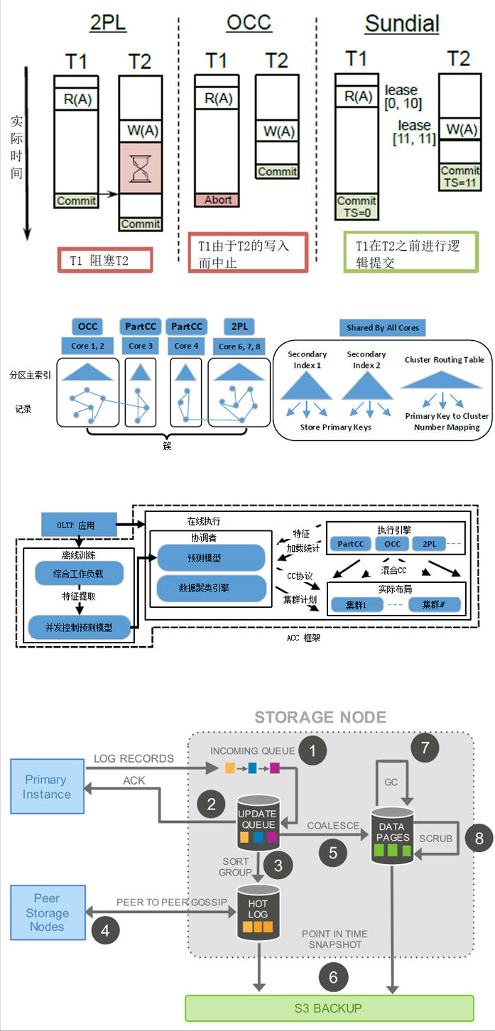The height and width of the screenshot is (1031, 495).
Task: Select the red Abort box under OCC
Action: pyautogui.click(x=217, y=200)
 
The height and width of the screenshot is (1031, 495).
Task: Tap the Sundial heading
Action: pyautogui.click(x=402, y=24)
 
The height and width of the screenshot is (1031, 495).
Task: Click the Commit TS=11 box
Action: pyautogui.click(x=460, y=176)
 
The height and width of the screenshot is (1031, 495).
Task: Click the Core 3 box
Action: pyautogui.click(x=141, y=346)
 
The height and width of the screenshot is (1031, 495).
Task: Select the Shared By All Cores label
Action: pyautogui.click(x=382, y=327)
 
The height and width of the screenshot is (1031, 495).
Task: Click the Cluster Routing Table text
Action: pyautogui.click(x=445, y=359)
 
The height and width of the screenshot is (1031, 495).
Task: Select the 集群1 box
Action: pyautogui.click(x=353, y=605)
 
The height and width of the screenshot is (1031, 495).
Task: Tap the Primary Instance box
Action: pyautogui.click(x=46, y=787)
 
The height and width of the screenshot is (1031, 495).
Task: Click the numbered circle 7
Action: pyautogui.click(x=425, y=747)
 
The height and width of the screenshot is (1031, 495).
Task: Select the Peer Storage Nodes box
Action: pyautogui.click(x=47, y=913)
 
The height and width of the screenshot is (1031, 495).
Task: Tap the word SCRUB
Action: pyautogui.click(x=435, y=838)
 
